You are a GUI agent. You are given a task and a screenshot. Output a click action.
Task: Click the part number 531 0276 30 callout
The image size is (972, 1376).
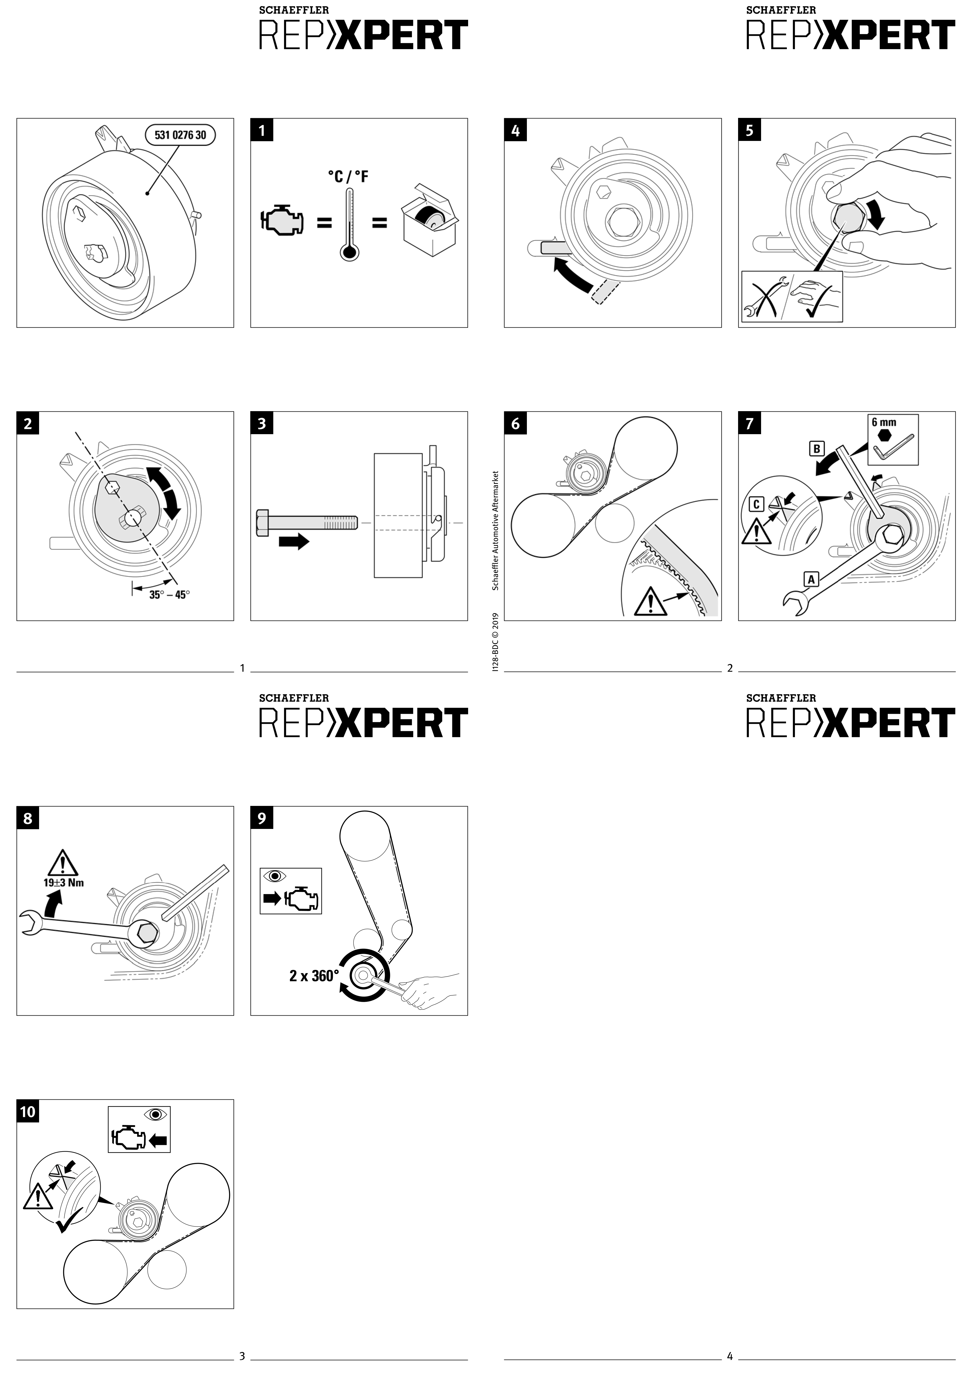pos(180,135)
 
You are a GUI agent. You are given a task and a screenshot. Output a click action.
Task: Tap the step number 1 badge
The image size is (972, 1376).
pos(262,130)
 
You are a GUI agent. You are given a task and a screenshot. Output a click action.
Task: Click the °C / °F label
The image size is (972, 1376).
pos(348,177)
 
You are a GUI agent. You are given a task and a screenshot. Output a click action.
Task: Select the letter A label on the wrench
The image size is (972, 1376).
pos(812,579)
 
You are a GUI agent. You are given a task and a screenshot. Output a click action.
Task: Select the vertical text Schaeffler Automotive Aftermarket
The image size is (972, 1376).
pos(495,530)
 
